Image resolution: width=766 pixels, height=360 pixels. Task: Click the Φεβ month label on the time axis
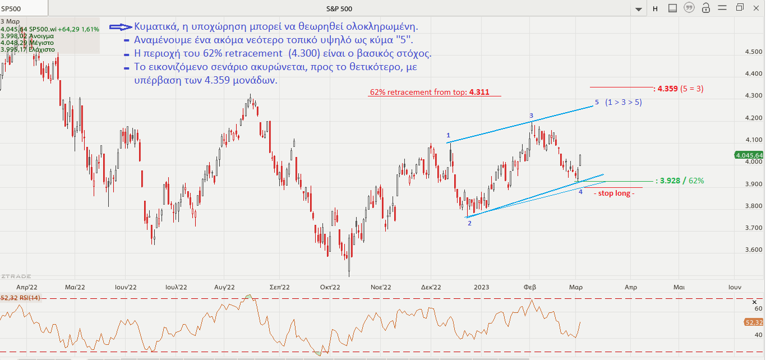529,287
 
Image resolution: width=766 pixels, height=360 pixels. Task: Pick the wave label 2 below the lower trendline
469,223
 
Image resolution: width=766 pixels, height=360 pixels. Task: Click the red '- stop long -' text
614,193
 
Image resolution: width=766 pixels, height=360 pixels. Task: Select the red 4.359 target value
668,89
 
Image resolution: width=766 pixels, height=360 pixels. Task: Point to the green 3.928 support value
670,181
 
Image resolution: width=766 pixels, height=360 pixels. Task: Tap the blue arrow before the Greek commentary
120,27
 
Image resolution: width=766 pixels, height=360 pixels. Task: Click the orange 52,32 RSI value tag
753,322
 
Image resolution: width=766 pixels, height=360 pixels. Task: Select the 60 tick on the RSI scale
758,308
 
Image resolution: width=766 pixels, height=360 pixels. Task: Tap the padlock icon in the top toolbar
706,8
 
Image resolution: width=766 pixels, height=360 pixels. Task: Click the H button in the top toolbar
655,8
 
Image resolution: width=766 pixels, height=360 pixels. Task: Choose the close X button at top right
756,8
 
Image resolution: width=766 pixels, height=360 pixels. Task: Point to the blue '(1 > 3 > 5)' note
624,103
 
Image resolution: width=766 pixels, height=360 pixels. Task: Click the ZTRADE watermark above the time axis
16,276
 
